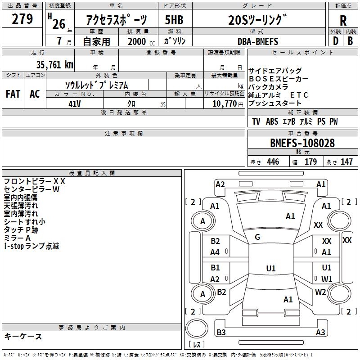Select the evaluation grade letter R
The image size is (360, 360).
pos(343,21)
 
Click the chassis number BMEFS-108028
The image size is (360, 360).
pos(302,143)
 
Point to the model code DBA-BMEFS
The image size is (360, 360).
pos(258,41)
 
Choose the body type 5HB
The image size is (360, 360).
pos(174,21)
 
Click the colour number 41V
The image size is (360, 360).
pos(75,103)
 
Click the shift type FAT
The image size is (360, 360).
pos(13,94)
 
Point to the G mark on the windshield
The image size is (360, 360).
pos(257,237)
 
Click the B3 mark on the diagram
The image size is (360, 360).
pos(221,333)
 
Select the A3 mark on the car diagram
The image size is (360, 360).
pos(320,333)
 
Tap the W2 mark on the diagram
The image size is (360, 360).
pos(320,292)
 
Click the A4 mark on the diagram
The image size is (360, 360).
pos(215,252)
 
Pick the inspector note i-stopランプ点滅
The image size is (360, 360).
pos(31,246)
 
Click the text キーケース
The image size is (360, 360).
pos(23,336)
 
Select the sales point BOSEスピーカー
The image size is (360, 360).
pos(278,79)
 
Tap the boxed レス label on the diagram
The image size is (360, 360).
pos(197,345)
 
